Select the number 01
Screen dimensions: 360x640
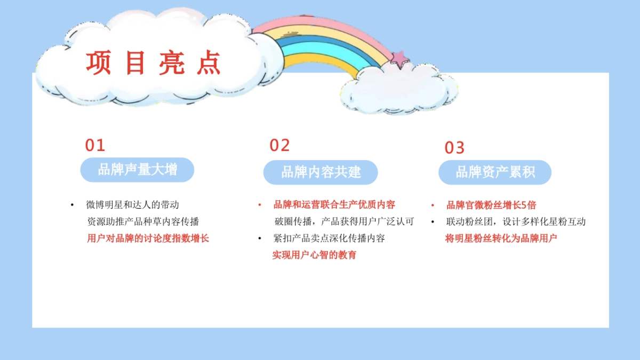pyautogui.click(x=95, y=145)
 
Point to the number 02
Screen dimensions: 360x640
pyautogui.click(x=279, y=145)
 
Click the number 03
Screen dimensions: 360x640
pyautogui.click(x=454, y=148)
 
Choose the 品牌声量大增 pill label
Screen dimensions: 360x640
pyautogui.click(x=137, y=170)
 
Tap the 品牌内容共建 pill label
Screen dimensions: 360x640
pyautogui.click(x=321, y=172)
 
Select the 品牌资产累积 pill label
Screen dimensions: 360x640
pyautogui.click(x=495, y=172)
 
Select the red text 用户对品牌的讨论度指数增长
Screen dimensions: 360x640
pyautogui.click(x=148, y=238)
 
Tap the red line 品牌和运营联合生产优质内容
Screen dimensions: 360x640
pyautogui.click(x=334, y=205)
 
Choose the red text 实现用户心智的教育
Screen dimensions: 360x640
pyautogui.click(x=314, y=255)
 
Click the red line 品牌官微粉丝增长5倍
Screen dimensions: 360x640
pyautogui.click(x=491, y=205)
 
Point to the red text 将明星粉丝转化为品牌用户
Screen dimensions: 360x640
pyautogui.click(x=501, y=238)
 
